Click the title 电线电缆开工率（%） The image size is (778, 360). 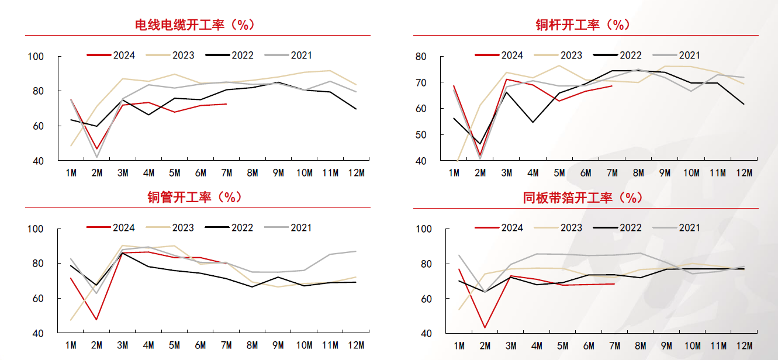click(195, 25)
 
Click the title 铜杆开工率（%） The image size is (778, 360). click(582, 25)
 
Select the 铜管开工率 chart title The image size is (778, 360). click(195, 197)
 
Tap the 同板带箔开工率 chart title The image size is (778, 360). click(582, 198)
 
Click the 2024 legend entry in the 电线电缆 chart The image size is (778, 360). click(111, 55)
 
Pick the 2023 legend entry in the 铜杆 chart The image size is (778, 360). click(558, 55)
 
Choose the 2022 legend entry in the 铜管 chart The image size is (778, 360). click(229, 228)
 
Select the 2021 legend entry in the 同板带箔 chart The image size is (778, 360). click(676, 228)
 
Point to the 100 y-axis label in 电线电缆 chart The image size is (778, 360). click(36, 57)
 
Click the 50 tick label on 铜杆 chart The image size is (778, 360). click(421, 134)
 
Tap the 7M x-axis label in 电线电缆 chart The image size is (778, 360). click(226, 172)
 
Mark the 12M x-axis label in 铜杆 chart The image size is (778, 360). click(744, 172)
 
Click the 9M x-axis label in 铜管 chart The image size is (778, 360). click(278, 345)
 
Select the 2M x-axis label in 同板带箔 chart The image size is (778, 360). click(485, 346)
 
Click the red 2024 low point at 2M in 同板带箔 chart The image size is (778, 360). click(485, 327)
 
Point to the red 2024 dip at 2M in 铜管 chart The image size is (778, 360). click(96, 319)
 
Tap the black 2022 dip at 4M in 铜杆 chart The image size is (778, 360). click(533, 122)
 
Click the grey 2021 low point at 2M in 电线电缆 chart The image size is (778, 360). click(97, 157)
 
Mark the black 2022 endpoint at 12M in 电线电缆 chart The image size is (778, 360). click(357, 109)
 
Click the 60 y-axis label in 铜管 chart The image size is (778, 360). click(38, 299)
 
